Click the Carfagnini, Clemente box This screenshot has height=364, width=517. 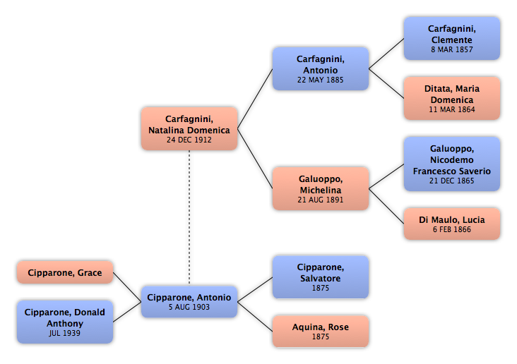pos(452,39)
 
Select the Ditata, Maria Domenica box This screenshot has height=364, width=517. pos(452,99)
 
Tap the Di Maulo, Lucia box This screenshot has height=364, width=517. pos(452,224)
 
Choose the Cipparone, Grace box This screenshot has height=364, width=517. pos(65,272)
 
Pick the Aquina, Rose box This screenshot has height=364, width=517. pos(321,331)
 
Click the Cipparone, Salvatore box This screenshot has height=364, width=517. pos(321,277)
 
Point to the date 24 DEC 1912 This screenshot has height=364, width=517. pos(189,140)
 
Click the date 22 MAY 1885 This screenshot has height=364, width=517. pos(320,80)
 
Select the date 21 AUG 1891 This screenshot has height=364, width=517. pos(320,200)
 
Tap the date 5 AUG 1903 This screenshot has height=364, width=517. pos(189,307)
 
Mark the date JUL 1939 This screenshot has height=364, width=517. pos(65,333)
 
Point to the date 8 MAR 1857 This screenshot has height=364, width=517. pos(452,49)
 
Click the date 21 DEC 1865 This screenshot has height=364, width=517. pos(452,181)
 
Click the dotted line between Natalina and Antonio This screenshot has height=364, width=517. pos(189,217)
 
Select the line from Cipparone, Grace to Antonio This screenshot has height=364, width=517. pos(127,287)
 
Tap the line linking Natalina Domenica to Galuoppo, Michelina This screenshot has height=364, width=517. pos(255,159)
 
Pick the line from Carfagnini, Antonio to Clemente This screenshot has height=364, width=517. pos(386,54)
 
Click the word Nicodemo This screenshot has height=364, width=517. pos(452,159)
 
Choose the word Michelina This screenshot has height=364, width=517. pos(321,190)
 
